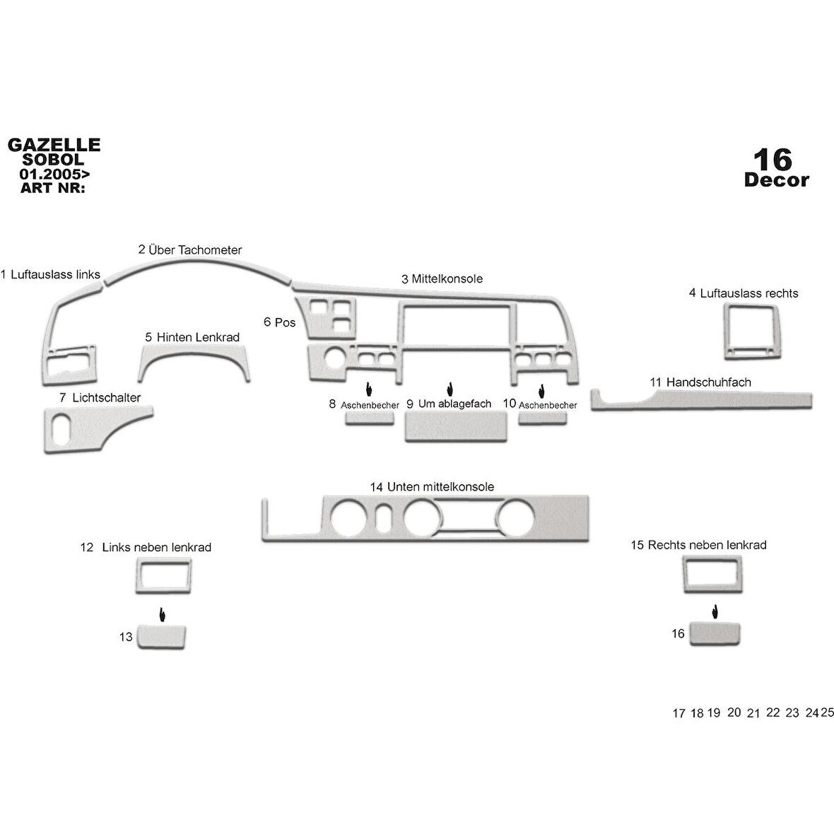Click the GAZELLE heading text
54,145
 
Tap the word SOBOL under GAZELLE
54,160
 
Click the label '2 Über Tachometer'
190,249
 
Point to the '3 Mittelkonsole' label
442,278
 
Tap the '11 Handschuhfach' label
700,382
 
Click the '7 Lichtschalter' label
100,398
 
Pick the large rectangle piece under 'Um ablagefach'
456,427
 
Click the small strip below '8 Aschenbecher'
369,418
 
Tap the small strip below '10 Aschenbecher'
542,418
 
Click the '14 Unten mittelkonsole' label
432,487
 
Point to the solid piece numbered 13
163,636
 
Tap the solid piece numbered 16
714,633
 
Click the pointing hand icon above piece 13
163,614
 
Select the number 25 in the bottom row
827,712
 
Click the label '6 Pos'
279,322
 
